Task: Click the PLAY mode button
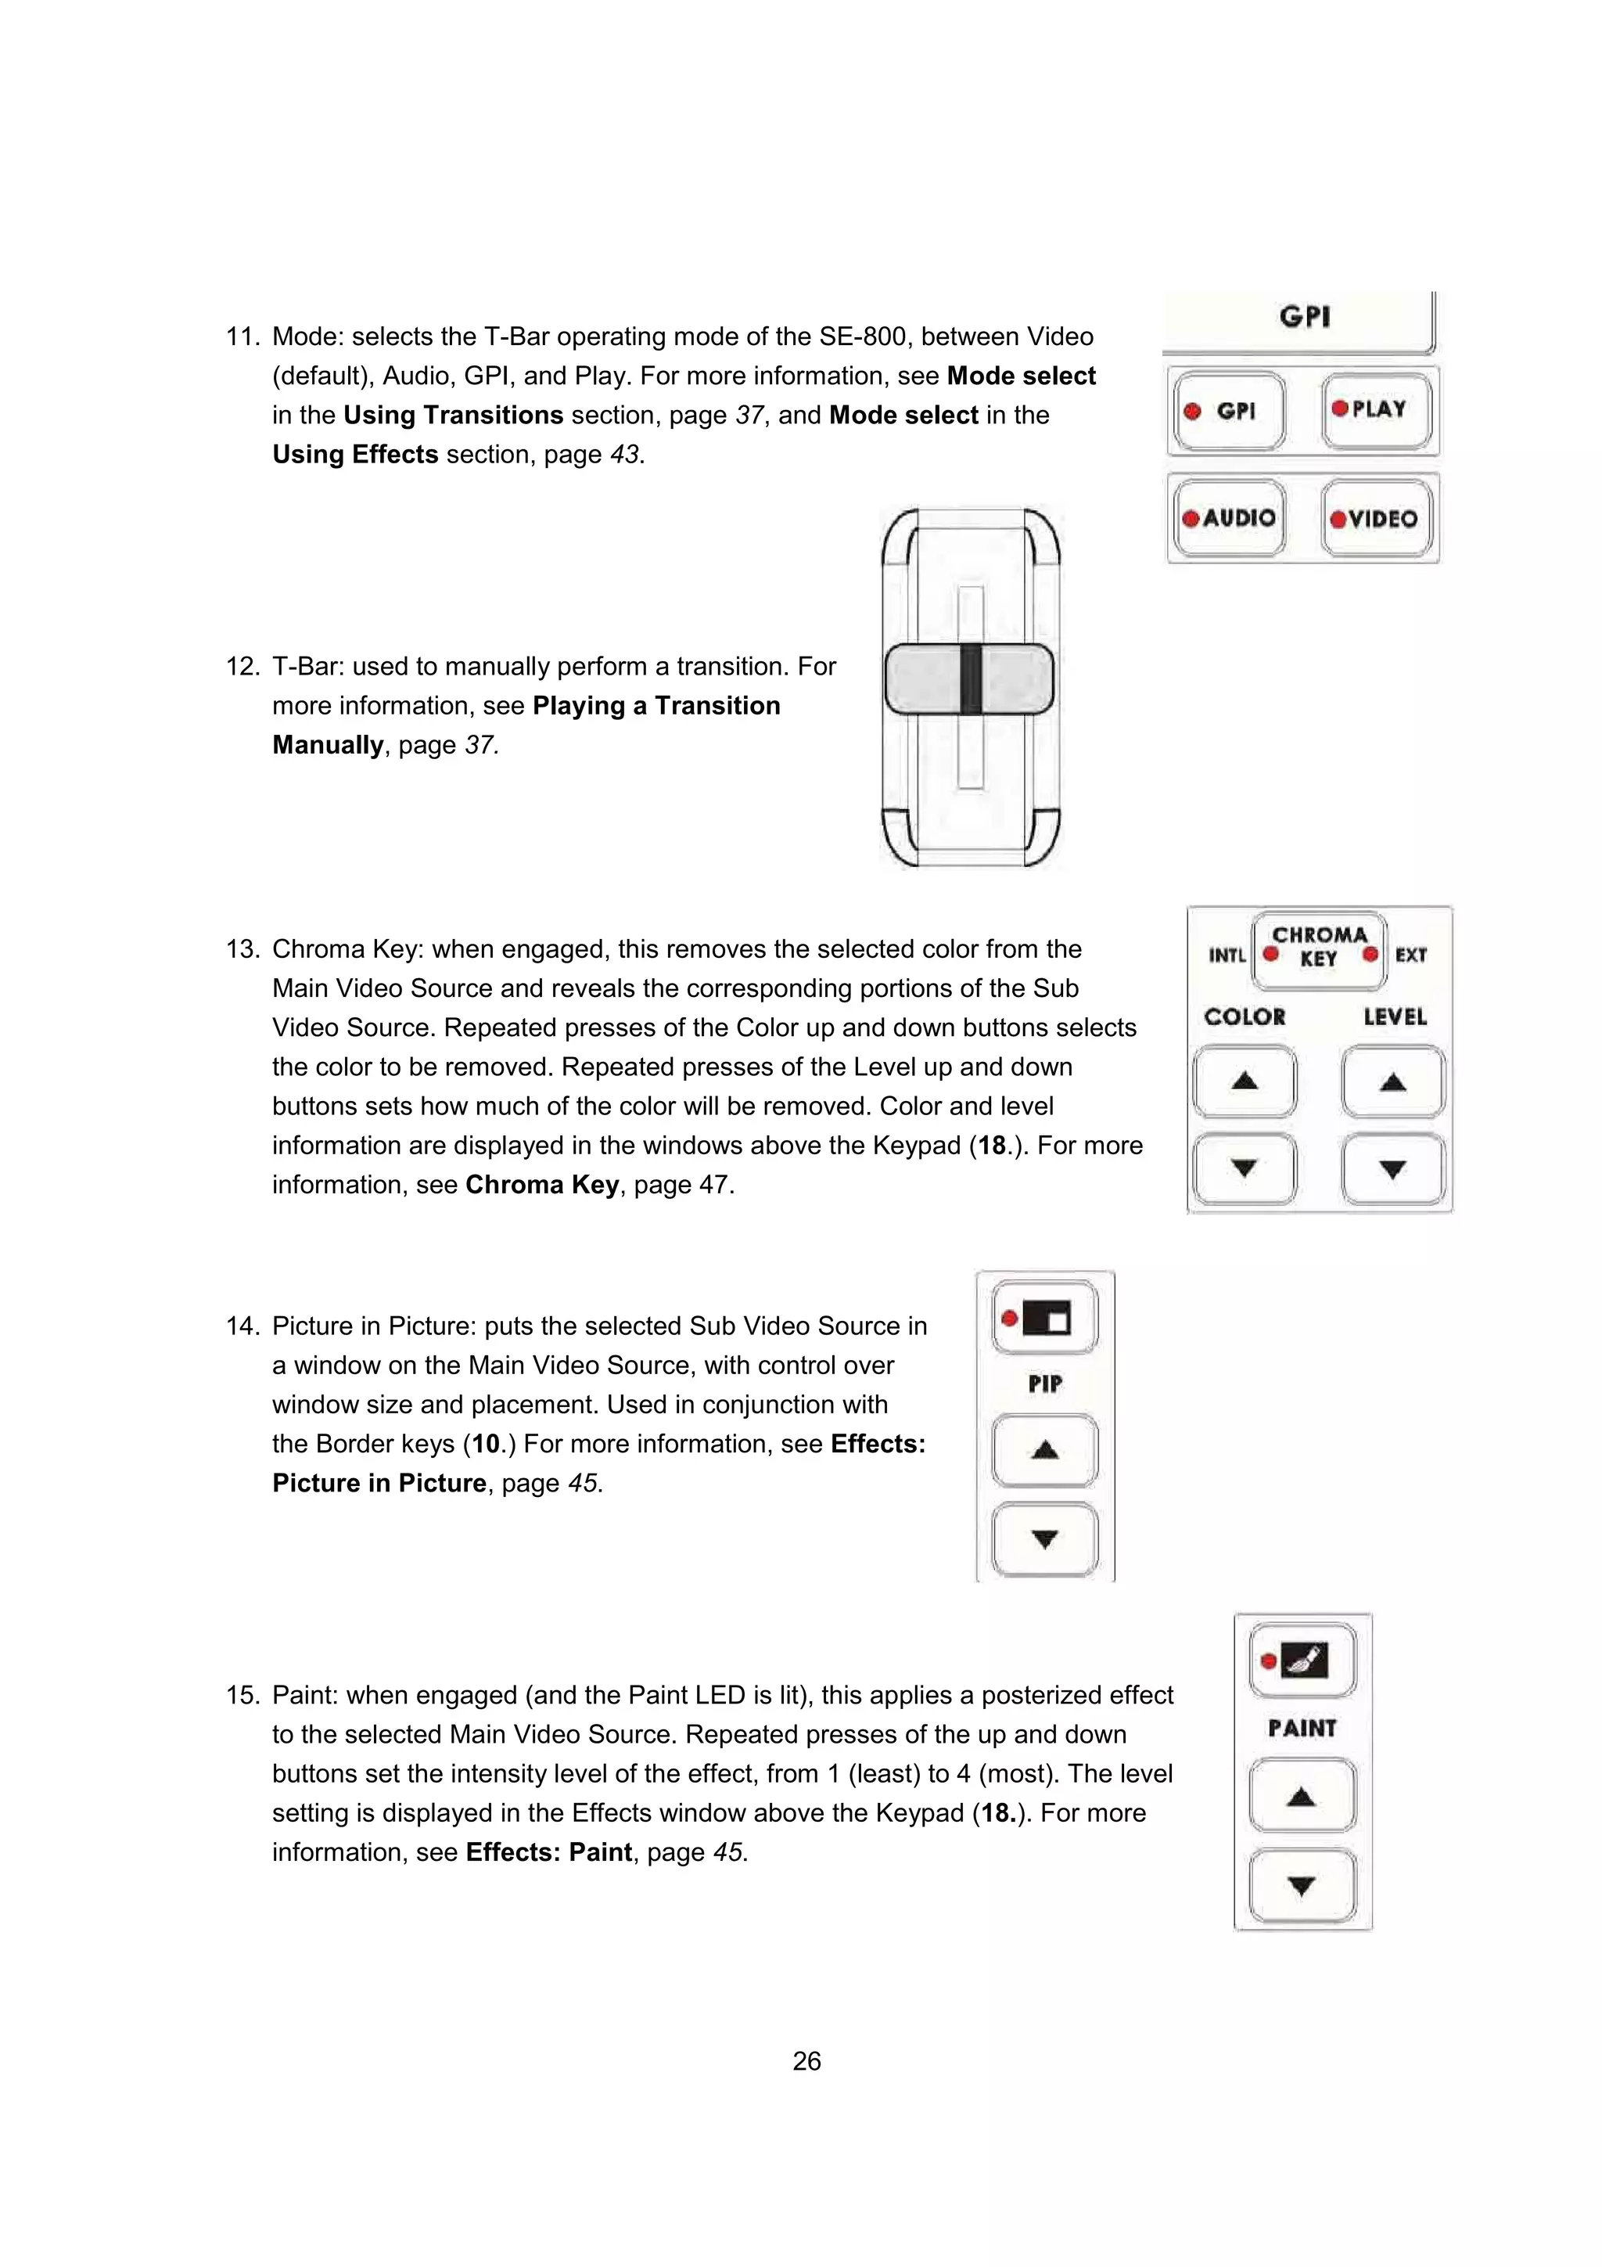click(1376, 410)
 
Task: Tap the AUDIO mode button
click(1229, 518)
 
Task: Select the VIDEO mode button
click(1376, 518)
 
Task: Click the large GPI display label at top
click(1304, 317)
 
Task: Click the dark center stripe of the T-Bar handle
click(970, 678)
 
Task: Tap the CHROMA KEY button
click(1319, 948)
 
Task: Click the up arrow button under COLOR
click(1245, 1081)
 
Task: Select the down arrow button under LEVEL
click(1392, 1170)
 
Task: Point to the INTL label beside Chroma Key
click(1227, 955)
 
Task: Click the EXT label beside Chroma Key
click(1410, 955)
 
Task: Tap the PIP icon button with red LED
click(1044, 1318)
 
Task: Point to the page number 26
click(806, 2060)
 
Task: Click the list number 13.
click(242, 949)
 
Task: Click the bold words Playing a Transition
click(656, 706)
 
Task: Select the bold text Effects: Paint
click(548, 1851)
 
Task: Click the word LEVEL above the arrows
click(1394, 1017)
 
